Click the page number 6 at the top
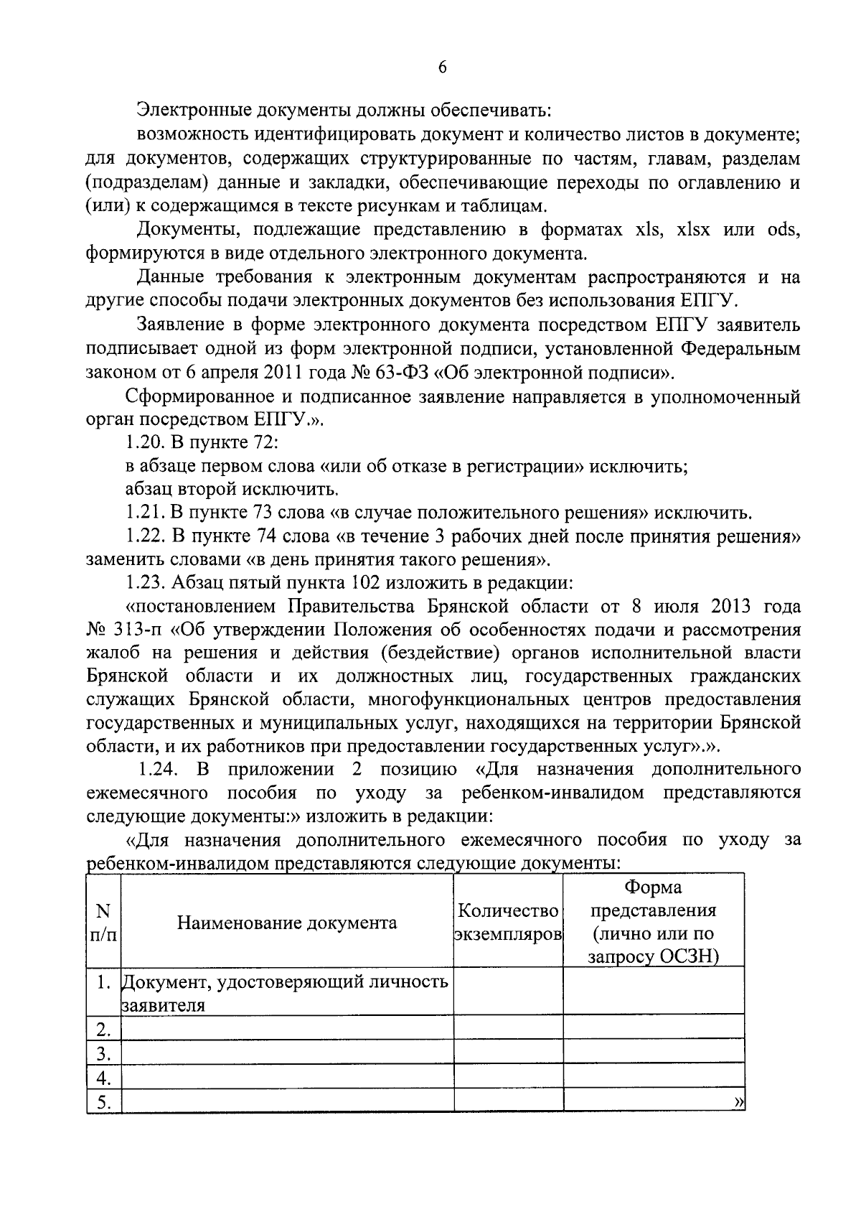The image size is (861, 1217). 442,67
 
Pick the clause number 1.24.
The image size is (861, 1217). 158,770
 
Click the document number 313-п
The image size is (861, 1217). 138,630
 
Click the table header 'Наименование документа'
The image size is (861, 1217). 287,923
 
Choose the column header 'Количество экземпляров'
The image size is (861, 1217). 508,923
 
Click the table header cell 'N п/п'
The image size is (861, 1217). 103,923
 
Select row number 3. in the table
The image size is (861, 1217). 104,1054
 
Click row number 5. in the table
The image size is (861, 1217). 104,1102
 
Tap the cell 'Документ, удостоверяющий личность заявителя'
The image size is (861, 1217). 286,992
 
